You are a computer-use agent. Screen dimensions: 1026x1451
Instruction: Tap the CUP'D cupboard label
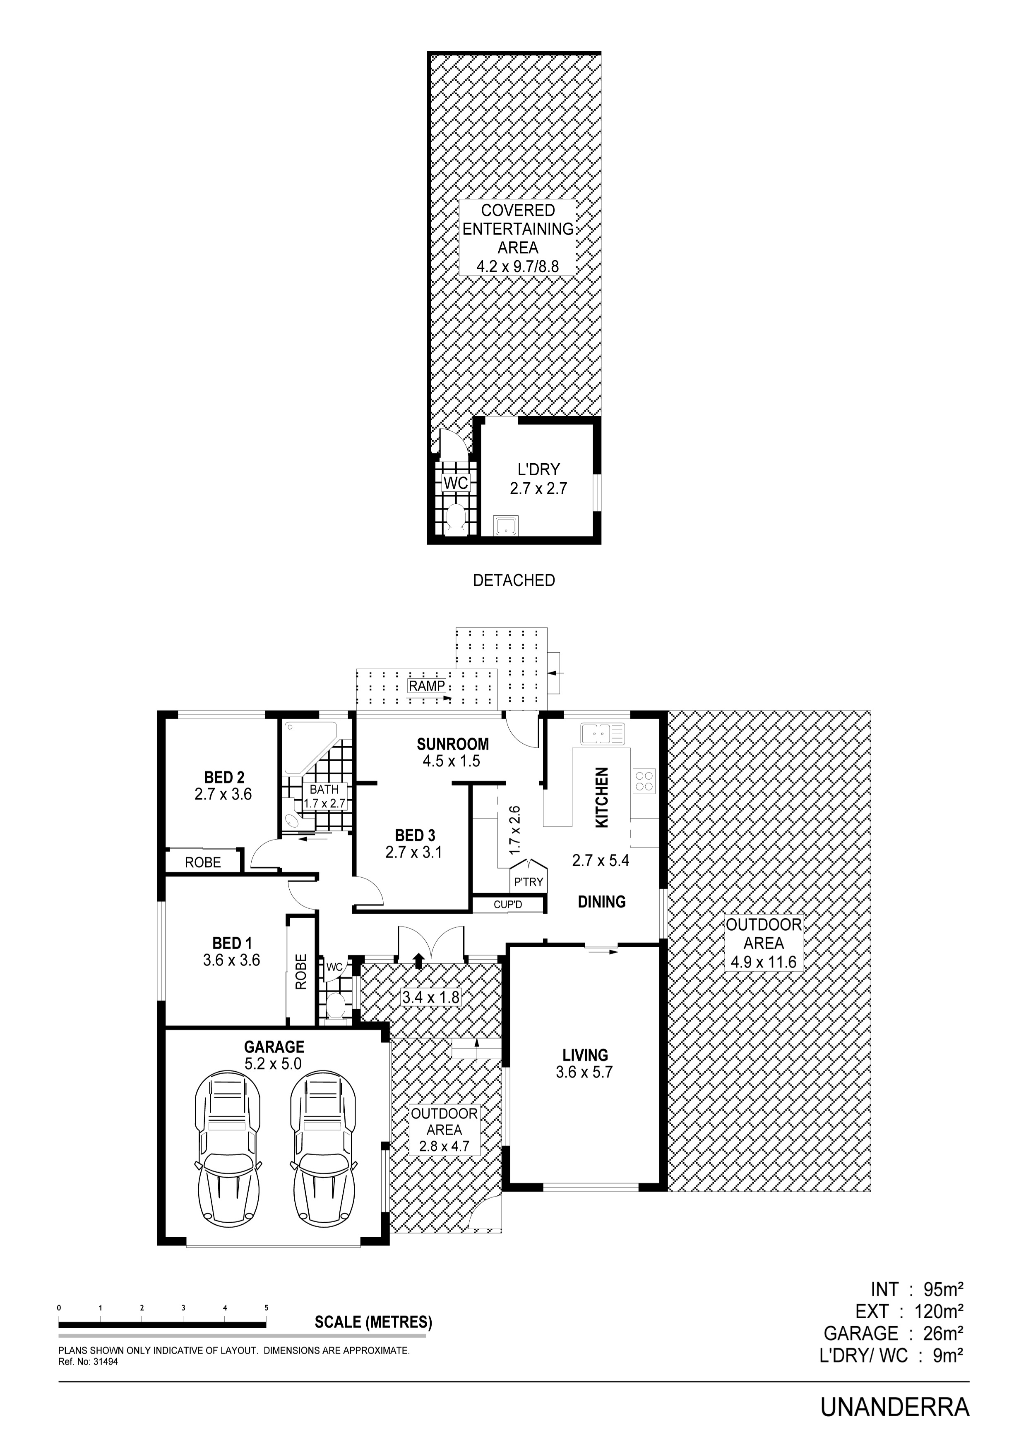508,905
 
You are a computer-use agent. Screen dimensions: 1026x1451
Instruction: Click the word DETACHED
514,580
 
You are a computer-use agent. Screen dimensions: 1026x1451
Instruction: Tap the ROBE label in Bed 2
203,862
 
